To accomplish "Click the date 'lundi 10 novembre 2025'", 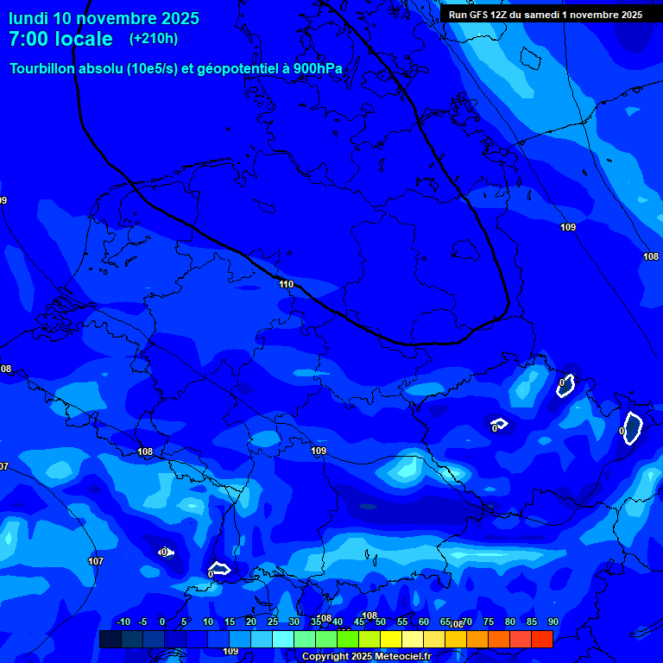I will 104,18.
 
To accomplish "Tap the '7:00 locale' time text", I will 60,39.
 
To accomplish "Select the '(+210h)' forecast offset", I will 154,39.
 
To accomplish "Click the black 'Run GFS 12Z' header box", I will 545,14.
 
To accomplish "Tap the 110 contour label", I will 287,284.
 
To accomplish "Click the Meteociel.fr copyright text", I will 366,657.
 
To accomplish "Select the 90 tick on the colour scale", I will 552,622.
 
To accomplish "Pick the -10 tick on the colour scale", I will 123,622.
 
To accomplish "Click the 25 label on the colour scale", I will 272,622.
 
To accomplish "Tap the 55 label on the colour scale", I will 402,622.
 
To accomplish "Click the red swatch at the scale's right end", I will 541,639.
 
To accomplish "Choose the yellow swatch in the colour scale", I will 390,639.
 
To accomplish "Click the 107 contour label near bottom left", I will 96,561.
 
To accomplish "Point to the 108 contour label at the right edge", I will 651,256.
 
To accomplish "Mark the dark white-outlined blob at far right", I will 632,427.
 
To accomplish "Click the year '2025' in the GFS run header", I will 628,14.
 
